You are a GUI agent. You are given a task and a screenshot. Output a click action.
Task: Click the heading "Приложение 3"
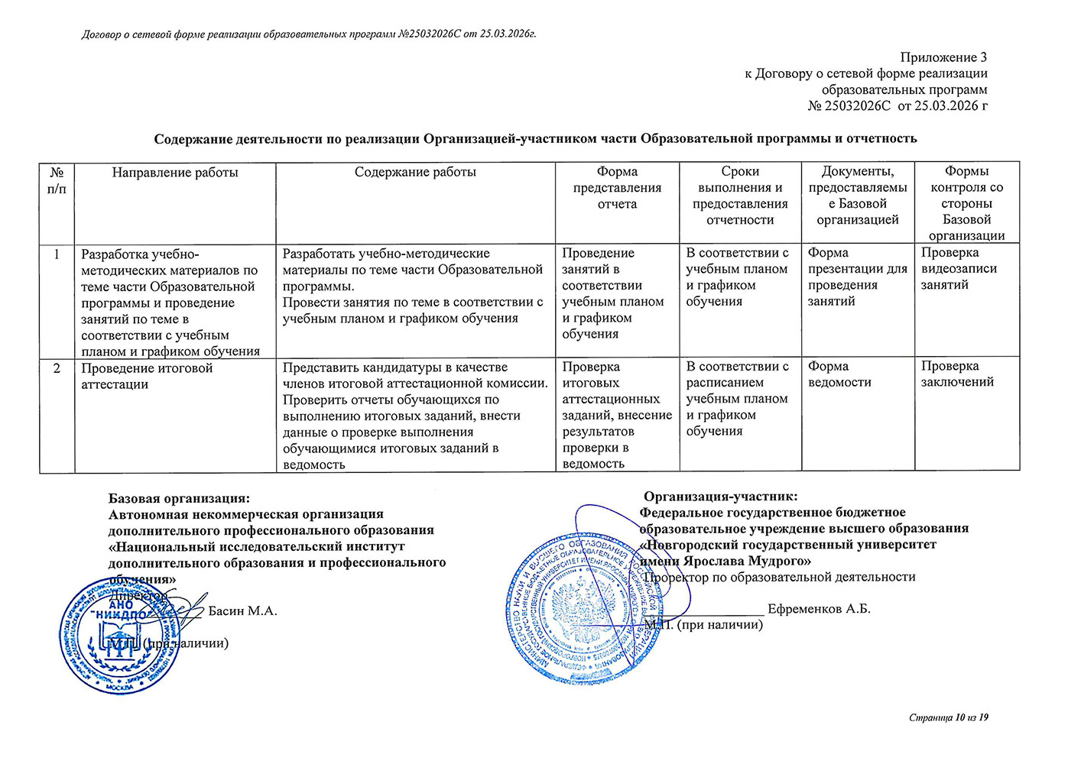[x=943, y=57]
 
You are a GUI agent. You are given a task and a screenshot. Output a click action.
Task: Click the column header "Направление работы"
[x=175, y=173]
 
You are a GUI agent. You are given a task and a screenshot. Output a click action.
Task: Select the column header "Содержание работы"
[x=415, y=173]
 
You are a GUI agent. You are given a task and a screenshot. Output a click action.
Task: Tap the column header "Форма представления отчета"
[x=617, y=188]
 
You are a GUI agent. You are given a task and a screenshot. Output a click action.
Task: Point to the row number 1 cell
[x=57, y=254]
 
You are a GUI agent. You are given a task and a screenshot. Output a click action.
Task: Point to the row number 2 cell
[x=57, y=368]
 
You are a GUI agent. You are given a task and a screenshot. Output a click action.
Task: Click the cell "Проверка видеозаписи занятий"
[x=959, y=269]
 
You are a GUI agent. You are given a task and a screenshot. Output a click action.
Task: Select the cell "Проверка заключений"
[x=957, y=374]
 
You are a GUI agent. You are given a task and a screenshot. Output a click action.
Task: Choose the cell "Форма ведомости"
[x=839, y=374]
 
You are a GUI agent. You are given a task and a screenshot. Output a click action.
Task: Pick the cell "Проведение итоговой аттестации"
[x=147, y=376]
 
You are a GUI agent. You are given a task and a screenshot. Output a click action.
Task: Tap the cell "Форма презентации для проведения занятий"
[x=857, y=277]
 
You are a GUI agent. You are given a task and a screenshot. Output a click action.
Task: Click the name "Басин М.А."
[x=242, y=611]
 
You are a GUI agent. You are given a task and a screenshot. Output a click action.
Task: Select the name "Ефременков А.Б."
[x=819, y=609]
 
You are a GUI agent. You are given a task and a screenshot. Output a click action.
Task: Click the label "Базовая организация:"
[x=179, y=498]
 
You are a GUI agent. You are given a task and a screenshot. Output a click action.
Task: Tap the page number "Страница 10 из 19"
[x=949, y=717]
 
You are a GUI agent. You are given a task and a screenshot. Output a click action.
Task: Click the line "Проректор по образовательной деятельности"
[x=780, y=577]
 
